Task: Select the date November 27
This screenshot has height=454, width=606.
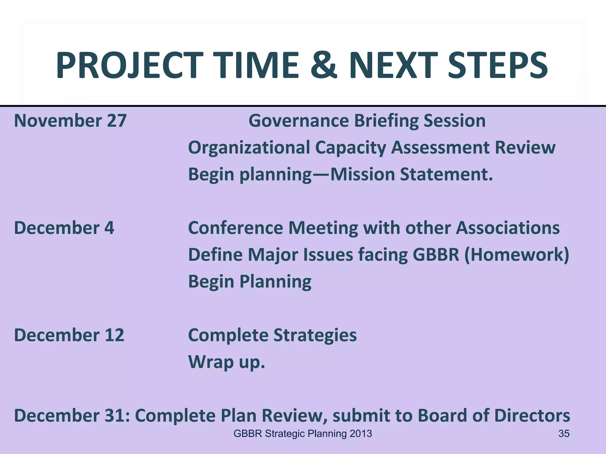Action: [x=70, y=121]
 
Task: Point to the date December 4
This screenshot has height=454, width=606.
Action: [x=64, y=228]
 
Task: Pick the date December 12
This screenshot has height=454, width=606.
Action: [x=69, y=335]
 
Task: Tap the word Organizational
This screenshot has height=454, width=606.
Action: [x=249, y=147]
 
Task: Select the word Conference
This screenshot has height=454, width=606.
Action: [x=236, y=228]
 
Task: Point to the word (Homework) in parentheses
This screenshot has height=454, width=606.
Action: [x=517, y=254]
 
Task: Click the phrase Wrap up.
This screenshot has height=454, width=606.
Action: [x=226, y=362]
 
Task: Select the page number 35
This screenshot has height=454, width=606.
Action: [x=564, y=434]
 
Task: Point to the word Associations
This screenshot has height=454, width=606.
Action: [x=507, y=228]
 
